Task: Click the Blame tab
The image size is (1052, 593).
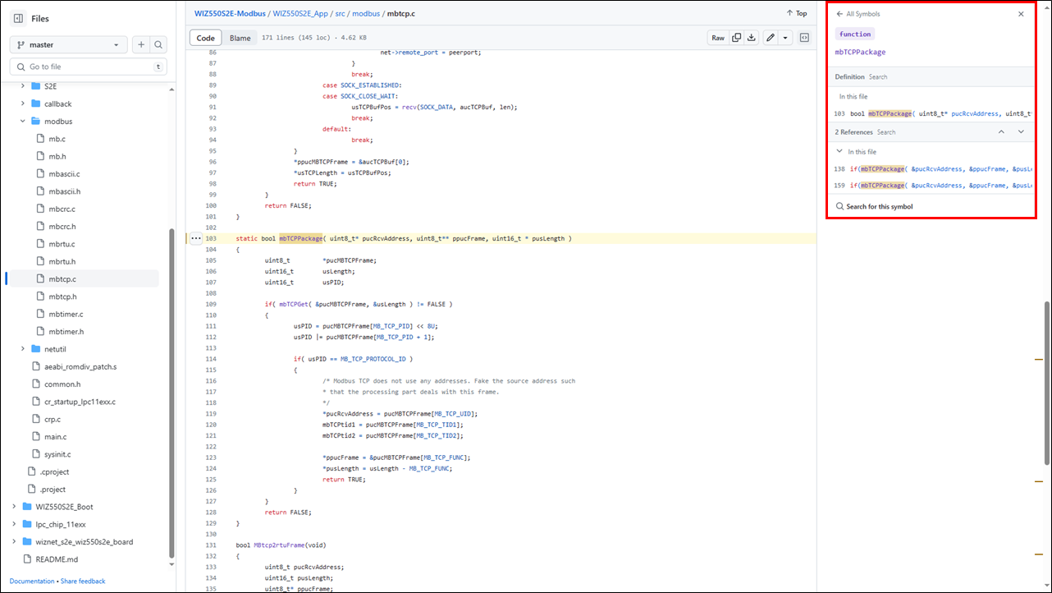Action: [240, 38]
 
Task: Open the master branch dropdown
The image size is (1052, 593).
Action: [69, 44]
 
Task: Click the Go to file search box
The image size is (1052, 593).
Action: [89, 67]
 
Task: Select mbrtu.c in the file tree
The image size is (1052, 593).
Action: [62, 244]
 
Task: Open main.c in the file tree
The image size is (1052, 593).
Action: [56, 436]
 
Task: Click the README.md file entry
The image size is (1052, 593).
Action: [57, 559]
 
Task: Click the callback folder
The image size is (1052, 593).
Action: [57, 103]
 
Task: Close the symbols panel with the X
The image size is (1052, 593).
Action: [1021, 14]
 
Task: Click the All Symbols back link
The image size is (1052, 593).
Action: [858, 14]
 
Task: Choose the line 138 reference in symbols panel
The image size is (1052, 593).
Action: [932, 169]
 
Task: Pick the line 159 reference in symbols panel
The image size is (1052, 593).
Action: [932, 186]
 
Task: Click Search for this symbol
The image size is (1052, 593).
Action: [874, 206]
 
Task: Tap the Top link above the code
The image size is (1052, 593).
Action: [797, 14]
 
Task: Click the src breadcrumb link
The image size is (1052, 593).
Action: [340, 14]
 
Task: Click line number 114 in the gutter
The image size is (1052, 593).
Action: [211, 359]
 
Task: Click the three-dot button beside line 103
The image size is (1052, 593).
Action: [196, 239]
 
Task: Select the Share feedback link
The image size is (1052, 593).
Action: [83, 582]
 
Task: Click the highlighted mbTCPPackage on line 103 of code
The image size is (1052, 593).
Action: [301, 239]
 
